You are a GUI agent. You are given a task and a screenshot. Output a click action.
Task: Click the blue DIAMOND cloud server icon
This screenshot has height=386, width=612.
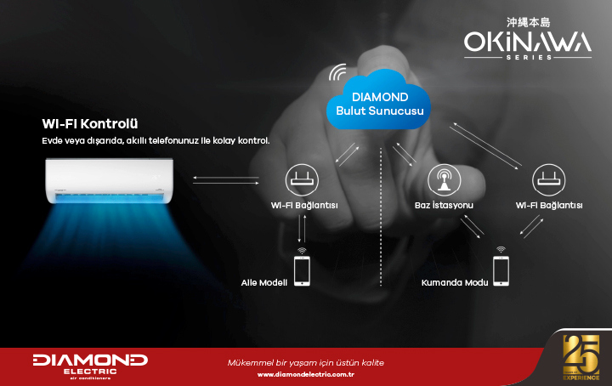(378, 100)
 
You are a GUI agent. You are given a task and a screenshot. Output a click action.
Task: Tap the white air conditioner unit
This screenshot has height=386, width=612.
(110, 180)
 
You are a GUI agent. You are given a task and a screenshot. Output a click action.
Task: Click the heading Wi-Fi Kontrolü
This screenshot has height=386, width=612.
(90, 124)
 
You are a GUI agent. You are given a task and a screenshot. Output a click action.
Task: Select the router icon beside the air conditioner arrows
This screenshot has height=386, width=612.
(302, 180)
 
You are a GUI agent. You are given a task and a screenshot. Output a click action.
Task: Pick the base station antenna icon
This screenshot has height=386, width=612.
(445, 180)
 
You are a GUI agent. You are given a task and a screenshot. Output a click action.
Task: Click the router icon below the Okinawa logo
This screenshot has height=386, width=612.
(549, 180)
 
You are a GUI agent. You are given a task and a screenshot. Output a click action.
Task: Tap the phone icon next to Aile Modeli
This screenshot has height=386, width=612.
(302, 271)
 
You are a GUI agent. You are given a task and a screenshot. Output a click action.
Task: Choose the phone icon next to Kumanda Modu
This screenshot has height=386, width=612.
(501, 271)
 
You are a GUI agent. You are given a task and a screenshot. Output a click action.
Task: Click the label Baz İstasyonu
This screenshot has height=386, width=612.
(444, 205)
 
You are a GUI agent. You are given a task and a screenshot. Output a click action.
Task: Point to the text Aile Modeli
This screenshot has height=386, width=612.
(263, 282)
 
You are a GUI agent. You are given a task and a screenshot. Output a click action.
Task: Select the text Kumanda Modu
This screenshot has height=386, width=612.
(455, 282)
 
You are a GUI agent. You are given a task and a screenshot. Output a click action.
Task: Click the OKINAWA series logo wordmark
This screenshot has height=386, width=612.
(528, 43)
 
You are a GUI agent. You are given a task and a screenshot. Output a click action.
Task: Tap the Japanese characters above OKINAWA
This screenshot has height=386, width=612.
(528, 22)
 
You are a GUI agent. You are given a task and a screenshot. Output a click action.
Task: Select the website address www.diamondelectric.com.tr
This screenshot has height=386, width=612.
(306, 374)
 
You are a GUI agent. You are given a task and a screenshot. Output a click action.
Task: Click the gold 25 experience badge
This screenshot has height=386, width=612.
(581, 357)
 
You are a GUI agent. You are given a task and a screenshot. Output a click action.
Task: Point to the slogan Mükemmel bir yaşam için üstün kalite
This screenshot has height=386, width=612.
(306, 363)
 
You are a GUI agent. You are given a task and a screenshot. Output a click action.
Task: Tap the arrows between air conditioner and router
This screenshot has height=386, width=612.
(226, 180)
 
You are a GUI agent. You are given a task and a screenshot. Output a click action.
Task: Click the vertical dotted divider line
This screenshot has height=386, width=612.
(381, 217)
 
